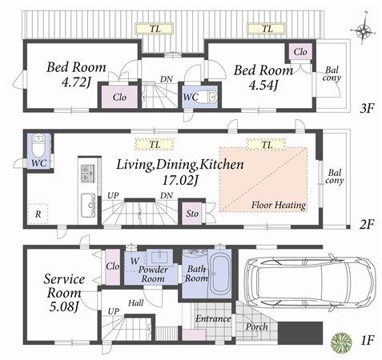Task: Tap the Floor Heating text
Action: [x=278, y=206]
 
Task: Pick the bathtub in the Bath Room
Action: [x=220, y=278]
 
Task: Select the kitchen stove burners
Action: [x=86, y=173]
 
